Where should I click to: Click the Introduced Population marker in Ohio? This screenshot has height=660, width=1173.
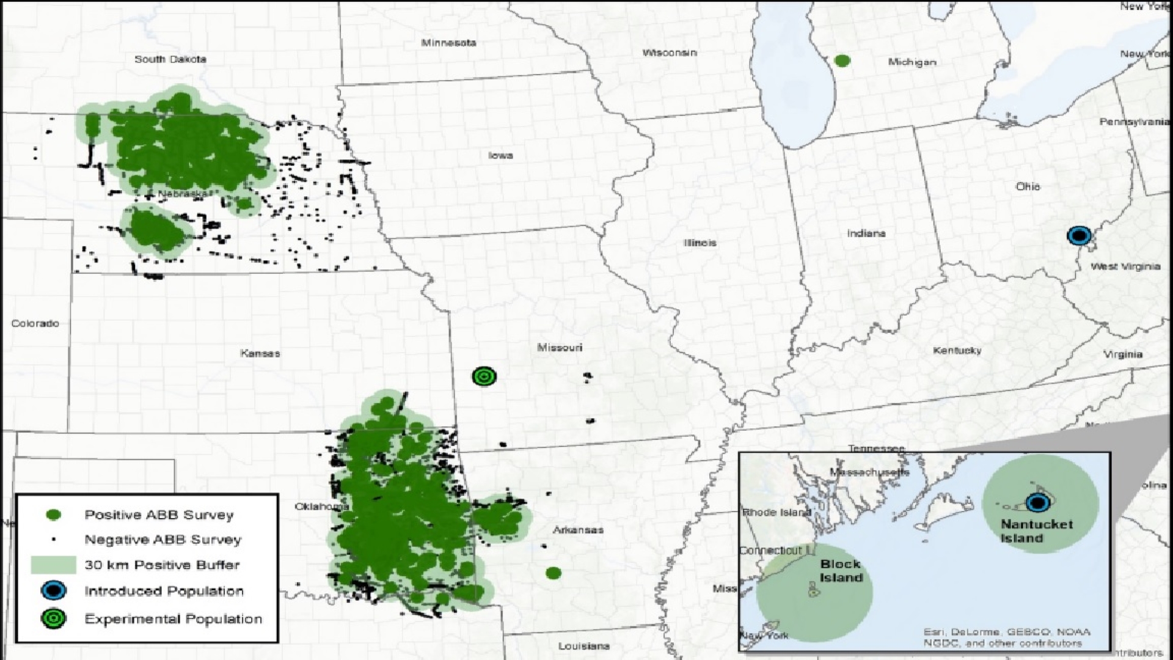[1079, 235]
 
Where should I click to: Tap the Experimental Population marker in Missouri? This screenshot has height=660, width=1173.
[484, 376]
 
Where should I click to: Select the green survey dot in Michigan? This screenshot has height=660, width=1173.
[842, 61]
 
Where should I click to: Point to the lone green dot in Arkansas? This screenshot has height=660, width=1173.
[553, 573]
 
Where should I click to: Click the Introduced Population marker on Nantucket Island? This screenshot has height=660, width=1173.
[1037, 503]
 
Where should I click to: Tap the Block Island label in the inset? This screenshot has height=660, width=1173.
[841, 571]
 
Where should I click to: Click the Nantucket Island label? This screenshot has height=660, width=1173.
[1036, 531]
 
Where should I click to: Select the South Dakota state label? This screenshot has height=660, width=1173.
[170, 59]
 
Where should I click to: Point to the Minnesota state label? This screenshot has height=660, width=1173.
[448, 43]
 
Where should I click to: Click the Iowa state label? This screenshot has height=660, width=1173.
[500, 155]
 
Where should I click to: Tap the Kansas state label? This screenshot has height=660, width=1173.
[260, 353]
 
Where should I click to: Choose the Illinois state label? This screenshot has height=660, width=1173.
[700, 243]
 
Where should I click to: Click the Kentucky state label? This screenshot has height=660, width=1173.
[957, 350]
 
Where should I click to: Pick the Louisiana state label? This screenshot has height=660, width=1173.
[583, 646]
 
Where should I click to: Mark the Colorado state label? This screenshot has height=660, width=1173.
[35, 323]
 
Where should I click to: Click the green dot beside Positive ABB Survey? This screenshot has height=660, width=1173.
[54, 515]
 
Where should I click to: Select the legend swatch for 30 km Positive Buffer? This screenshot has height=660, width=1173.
[53, 565]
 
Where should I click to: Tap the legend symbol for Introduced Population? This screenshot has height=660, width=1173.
[54, 591]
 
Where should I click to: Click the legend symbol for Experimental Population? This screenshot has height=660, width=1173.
[54, 618]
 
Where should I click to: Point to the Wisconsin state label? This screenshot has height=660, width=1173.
[669, 53]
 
